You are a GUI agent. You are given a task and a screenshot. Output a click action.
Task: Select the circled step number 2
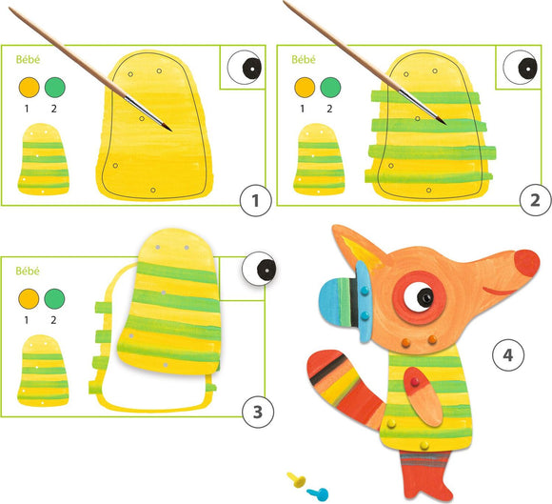534,200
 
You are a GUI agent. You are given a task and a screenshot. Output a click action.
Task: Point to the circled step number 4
508,355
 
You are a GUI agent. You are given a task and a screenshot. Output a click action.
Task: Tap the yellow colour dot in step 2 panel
305,88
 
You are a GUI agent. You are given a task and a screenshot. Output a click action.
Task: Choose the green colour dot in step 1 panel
52,88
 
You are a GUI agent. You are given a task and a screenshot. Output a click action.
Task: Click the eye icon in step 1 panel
246,68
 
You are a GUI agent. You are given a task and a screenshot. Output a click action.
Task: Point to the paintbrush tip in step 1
168,128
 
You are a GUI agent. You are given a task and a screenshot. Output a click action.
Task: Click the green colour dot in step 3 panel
52,299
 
